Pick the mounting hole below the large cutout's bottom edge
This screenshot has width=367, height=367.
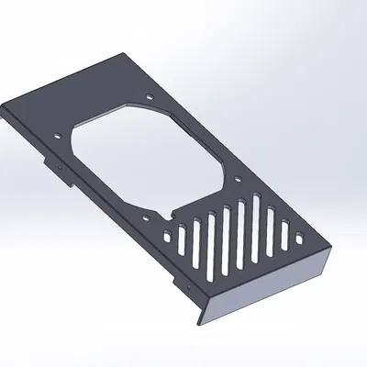coord(169,212)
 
